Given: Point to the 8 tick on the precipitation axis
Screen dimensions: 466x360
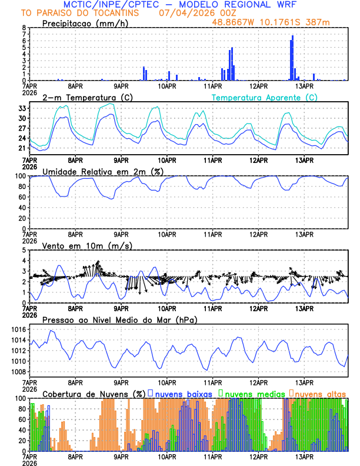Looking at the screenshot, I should tap(24, 28).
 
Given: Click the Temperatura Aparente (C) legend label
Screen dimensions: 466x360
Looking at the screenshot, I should tap(264, 97).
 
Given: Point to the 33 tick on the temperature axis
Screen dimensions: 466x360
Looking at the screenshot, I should tap(22, 108).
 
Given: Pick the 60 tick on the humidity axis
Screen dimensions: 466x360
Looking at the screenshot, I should tap(22, 197).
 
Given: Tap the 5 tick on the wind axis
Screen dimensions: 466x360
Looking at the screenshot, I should tap(24, 250).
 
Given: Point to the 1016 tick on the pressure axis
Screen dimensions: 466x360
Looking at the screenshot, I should tap(18, 329).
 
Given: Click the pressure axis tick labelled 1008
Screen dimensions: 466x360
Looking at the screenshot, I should tap(18, 372).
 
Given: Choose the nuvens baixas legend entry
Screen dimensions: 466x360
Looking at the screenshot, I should tap(182, 393).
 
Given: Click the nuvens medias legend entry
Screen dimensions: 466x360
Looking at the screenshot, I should tap(251, 393).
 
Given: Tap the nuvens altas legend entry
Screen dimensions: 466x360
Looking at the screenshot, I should tap(318, 393).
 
